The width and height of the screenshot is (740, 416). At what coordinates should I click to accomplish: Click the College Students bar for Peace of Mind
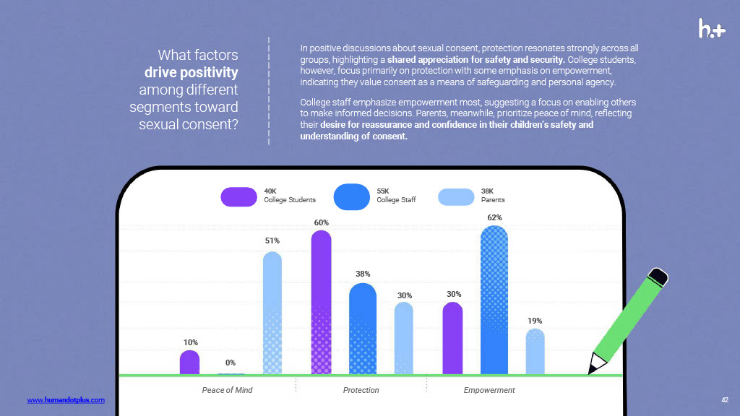pos(189,363)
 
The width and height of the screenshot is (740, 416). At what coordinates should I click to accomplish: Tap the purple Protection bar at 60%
pos(321,303)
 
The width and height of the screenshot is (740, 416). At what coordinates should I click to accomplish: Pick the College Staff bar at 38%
pos(363,329)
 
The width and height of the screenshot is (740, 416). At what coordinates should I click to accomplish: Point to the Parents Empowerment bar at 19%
pos(535,352)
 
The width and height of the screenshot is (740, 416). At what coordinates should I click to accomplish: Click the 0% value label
pos(231,363)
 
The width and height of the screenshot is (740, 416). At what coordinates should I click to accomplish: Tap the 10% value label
pos(190,342)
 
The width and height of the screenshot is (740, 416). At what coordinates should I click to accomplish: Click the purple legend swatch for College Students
pos(238,196)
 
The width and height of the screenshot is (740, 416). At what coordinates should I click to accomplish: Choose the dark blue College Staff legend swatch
pos(352,196)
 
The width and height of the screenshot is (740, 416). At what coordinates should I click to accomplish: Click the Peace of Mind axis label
pos(227,390)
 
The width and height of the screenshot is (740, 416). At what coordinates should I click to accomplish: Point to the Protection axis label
pos(361,390)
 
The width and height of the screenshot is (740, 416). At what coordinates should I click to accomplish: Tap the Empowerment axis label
pos(489,390)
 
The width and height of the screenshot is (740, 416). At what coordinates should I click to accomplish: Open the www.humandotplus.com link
pos(66,399)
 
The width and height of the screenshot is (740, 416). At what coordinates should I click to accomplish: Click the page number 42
pos(725,399)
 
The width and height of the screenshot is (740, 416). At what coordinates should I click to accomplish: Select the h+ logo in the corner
pos(712,29)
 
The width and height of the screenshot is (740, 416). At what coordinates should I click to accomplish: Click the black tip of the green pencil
pos(595,369)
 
